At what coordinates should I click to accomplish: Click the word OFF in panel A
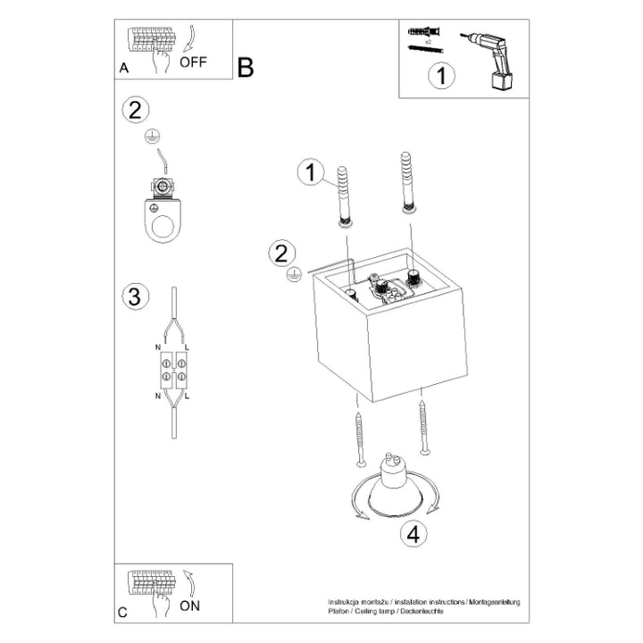194,63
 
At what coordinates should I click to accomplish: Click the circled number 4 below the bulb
412,535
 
